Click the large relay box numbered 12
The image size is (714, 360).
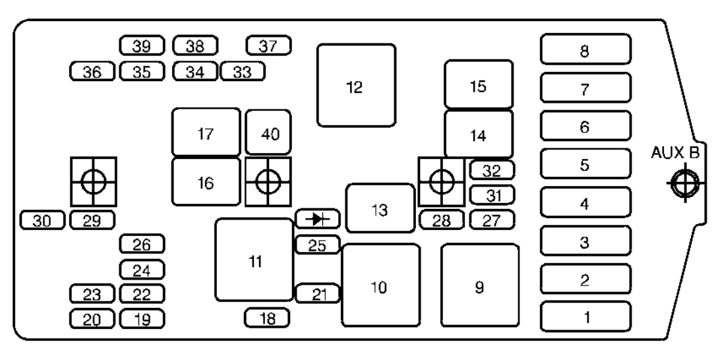[356, 85]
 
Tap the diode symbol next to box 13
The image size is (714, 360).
[317, 219]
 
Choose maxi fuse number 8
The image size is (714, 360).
[585, 49]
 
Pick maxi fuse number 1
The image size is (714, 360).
[585, 316]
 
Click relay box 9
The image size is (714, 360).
[479, 285]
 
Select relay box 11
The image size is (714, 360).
[254, 260]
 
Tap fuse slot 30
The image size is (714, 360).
[43, 220]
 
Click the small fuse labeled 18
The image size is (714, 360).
[267, 318]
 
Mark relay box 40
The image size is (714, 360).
[268, 133]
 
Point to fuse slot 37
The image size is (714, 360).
[268, 45]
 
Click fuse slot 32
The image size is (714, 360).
[492, 170]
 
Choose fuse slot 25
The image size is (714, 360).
[317, 245]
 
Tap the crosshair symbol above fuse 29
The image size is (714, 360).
[93, 181]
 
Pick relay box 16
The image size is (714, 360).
[206, 182]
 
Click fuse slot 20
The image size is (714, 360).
[92, 319]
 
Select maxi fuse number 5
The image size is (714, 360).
[585, 164]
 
